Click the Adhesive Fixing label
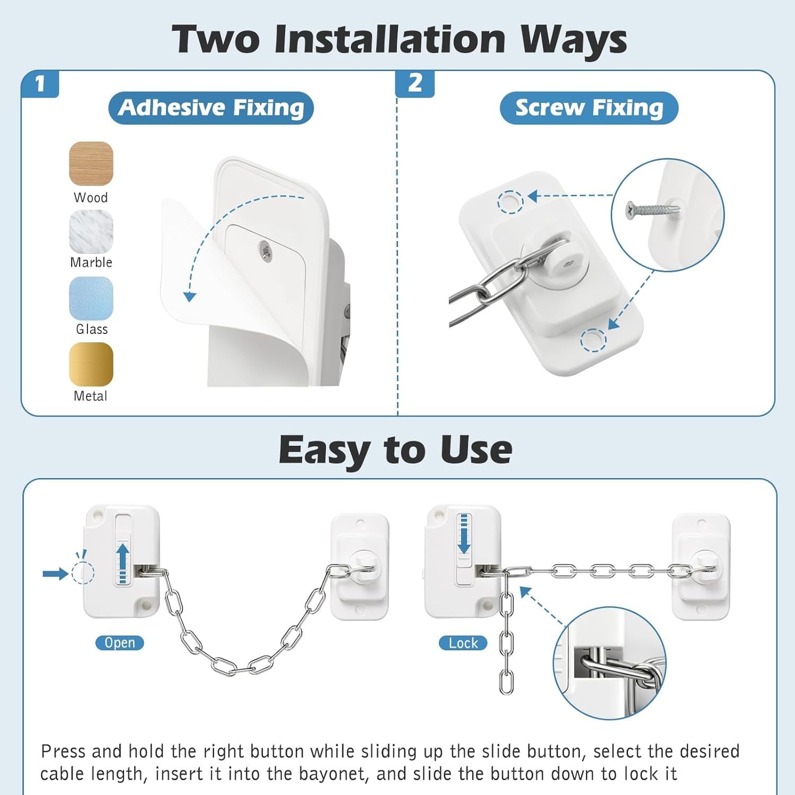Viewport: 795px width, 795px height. coord(211,108)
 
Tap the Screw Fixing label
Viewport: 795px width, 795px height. coord(589,108)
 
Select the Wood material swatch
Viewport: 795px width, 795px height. coord(91,163)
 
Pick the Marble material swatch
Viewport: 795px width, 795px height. coord(91,231)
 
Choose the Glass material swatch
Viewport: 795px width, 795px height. coord(91,298)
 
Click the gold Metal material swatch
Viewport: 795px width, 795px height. coord(91,365)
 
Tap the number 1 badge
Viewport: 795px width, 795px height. coord(40,84)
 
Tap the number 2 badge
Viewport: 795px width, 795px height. coord(415,84)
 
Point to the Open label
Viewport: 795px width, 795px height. coord(120,643)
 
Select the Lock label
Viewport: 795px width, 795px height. coord(463,643)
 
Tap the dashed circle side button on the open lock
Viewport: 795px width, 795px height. coord(83,573)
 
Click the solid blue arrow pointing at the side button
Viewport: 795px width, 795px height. coord(56,573)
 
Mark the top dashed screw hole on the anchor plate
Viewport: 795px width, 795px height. coord(510,202)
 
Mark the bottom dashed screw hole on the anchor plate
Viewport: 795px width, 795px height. coord(593,340)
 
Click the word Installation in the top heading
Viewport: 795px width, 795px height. coord(390,39)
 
